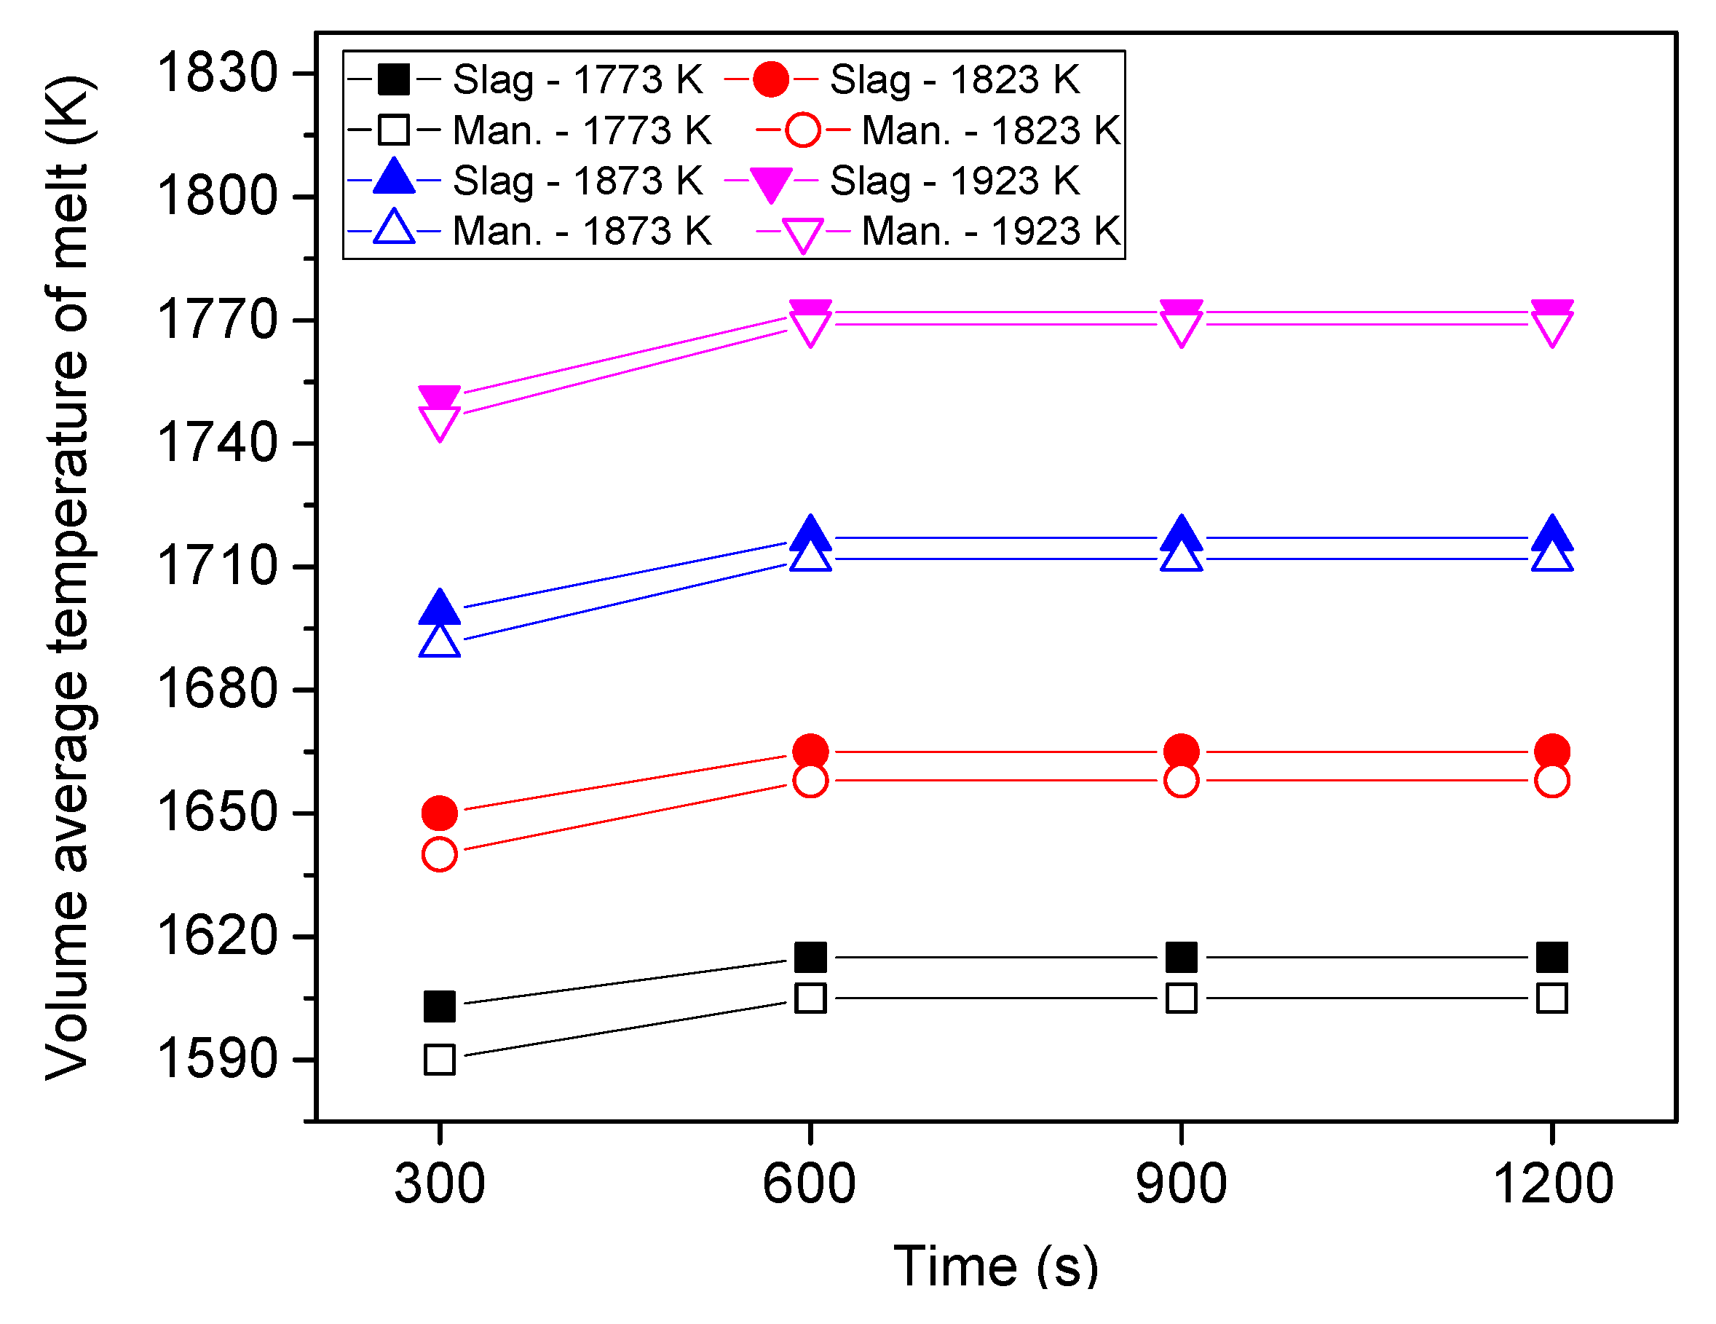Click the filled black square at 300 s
click(x=439, y=1006)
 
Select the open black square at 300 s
click(x=439, y=1059)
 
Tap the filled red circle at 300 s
click(x=439, y=813)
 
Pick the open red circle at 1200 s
click(x=1551, y=780)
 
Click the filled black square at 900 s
click(x=1181, y=957)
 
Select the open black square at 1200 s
click(x=1551, y=998)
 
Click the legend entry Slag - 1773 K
click(x=577, y=79)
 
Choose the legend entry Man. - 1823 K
click(x=990, y=130)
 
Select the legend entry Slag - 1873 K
click(x=577, y=181)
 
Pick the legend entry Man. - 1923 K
click(x=990, y=231)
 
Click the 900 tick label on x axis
click(x=1181, y=1184)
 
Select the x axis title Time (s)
click(x=995, y=1266)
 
